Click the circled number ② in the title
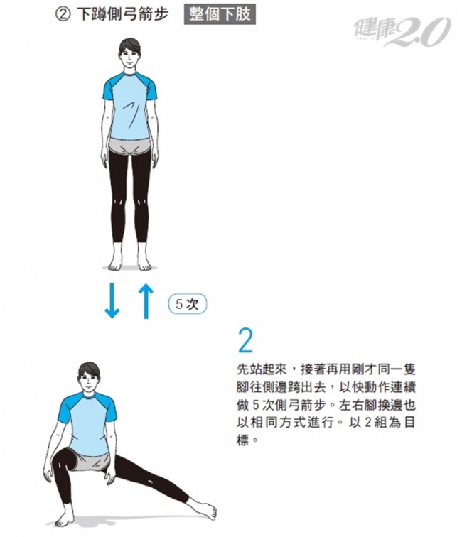pyautogui.click(x=63, y=15)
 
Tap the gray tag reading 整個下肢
pyautogui.click(x=220, y=14)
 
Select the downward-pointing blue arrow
pyautogui.click(x=112, y=300)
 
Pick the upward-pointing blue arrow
pyautogui.click(x=146, y=301)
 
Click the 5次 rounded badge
pyautogui.click(x=188, y=304)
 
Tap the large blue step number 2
pyautogui.click(x=245, y=340)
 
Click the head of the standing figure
pyautogui.click(x=129, y=53)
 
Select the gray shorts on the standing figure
pyautogui.click(x=130, y=146)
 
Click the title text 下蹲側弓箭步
pyautogui.click(x=123, y=15)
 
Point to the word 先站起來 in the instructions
pyautogui.click(x=262, y=369)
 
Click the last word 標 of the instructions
pyautogui.click(x=242, y=440)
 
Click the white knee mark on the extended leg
pyautogui.click(x=151, y=480)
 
